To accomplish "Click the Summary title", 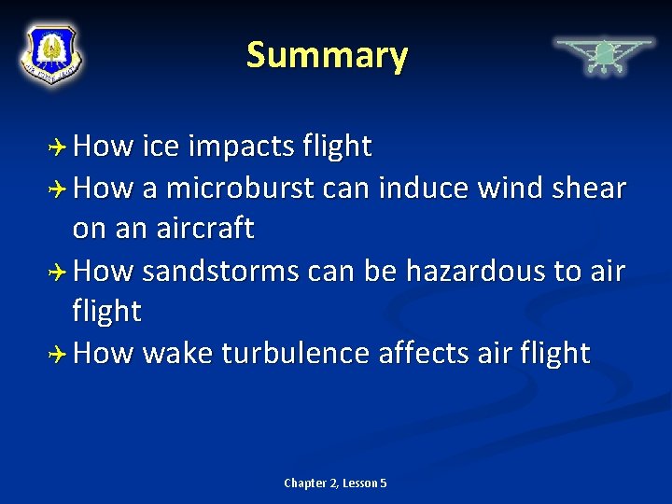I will point(327,56).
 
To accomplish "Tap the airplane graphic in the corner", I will point(604,56).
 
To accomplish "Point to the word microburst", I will point(239,188).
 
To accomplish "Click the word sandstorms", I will point(219,271).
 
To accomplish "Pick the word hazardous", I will point(469,271).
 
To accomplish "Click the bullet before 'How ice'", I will point(59,147).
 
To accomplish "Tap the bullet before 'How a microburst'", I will point(59,189).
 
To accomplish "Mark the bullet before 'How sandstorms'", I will point(59,272).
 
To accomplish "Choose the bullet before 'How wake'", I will point(59,355).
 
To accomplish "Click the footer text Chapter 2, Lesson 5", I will point(335,483).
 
